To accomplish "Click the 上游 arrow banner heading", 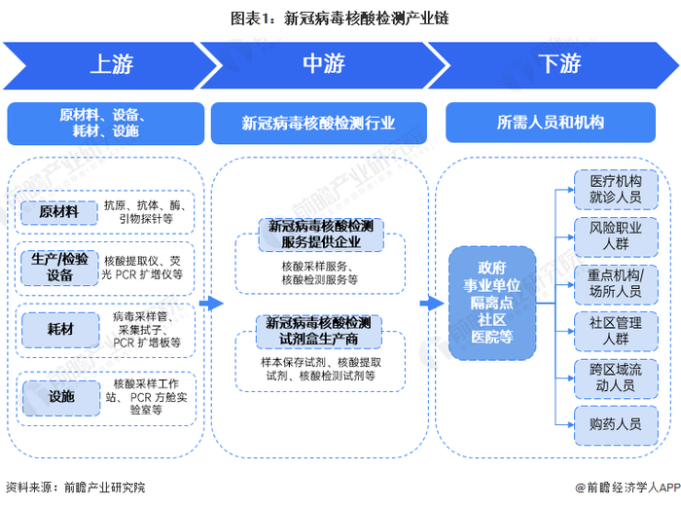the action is tap(111, 65).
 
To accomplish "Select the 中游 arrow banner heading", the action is tap(324, 65).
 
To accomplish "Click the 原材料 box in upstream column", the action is tap(59, 212).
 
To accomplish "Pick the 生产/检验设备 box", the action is tap(59, 268).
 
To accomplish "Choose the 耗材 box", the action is tap(60, 330).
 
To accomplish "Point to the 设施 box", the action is tap(61, 397).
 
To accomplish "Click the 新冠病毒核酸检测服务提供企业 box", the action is tap(321, 235).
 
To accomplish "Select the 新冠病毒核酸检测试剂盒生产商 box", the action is tap(319, 332).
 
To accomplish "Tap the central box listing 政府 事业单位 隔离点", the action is tap(492, 303).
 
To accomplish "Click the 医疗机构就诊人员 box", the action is tap(616, 190).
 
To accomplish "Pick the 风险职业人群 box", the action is tap(616, 236).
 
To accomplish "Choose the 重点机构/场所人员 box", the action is tap(616, 284).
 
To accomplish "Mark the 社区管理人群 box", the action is tap(616, 332).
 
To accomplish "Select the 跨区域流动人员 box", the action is tap(616, 379).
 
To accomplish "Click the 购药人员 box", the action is tap(616, 425).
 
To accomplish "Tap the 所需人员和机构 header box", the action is tap(551, 123).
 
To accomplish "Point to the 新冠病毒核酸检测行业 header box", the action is tap(319, 124).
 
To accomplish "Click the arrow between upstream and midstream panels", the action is tap(211, 304).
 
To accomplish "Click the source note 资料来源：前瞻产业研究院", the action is tap(76, 488).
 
